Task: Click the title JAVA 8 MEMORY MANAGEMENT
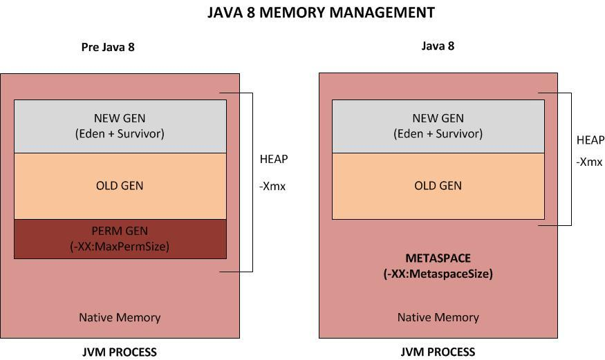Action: pos(321,13)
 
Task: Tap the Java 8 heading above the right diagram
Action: pos(438,46)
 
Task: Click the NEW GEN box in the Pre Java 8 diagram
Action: pos(120,126)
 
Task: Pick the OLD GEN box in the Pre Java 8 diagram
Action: pos(120,185)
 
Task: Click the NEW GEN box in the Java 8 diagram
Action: pos(438,126)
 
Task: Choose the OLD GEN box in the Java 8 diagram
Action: pos(438,185)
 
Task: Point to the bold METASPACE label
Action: pos(438,258)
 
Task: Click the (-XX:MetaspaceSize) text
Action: pos(438,274)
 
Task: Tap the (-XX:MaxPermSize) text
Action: pos(120,246)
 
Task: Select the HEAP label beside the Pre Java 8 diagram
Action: pos(274,159)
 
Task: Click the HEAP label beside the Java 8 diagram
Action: pos(590,140)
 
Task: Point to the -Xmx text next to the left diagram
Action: pos(272,186)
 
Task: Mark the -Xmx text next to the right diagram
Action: pos(589,162)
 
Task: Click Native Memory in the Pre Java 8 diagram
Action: pos(120,318)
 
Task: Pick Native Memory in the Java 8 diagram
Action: pos(438,318)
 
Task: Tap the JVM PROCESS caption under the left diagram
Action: pos(120,352)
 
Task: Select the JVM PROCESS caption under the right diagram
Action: pos(438,352)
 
